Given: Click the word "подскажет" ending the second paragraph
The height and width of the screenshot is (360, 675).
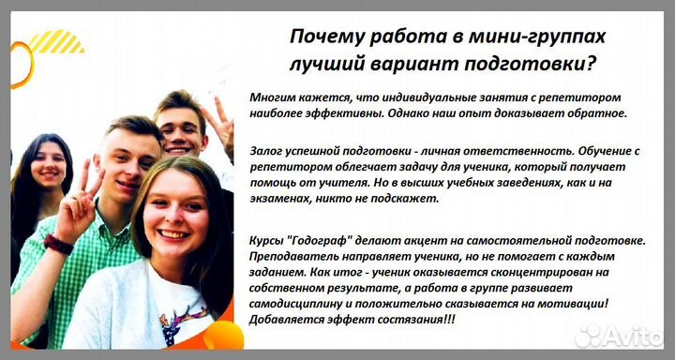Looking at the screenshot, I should [403, 198].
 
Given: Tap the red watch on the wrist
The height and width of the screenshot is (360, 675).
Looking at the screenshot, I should [58, 244].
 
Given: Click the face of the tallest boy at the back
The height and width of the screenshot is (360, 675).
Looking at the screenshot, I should [182, 127].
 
